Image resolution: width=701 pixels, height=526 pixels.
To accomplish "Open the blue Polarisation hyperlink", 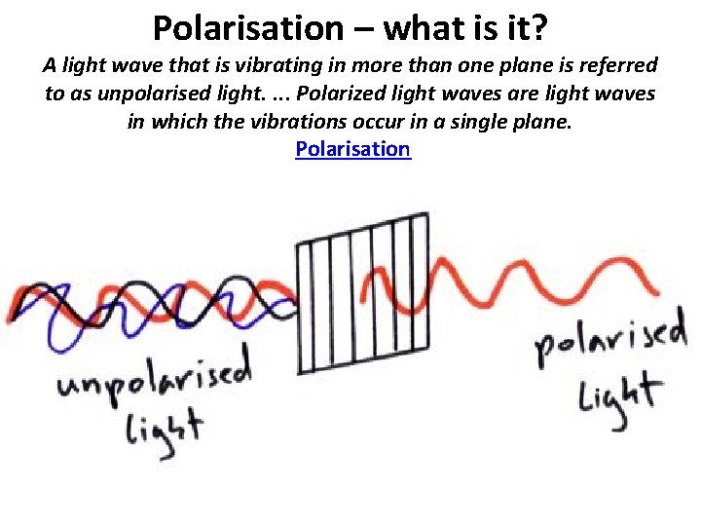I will (x=352, y=149).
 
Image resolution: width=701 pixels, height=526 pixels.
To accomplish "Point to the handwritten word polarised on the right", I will (x=609, y=341).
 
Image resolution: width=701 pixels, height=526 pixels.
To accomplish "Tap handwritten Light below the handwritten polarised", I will (x=617, y=397).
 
